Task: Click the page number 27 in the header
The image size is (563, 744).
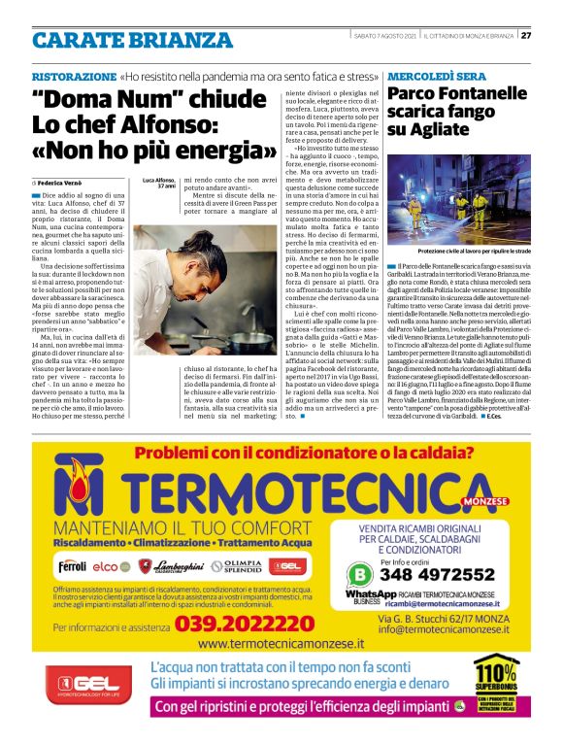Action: (526, 36)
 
